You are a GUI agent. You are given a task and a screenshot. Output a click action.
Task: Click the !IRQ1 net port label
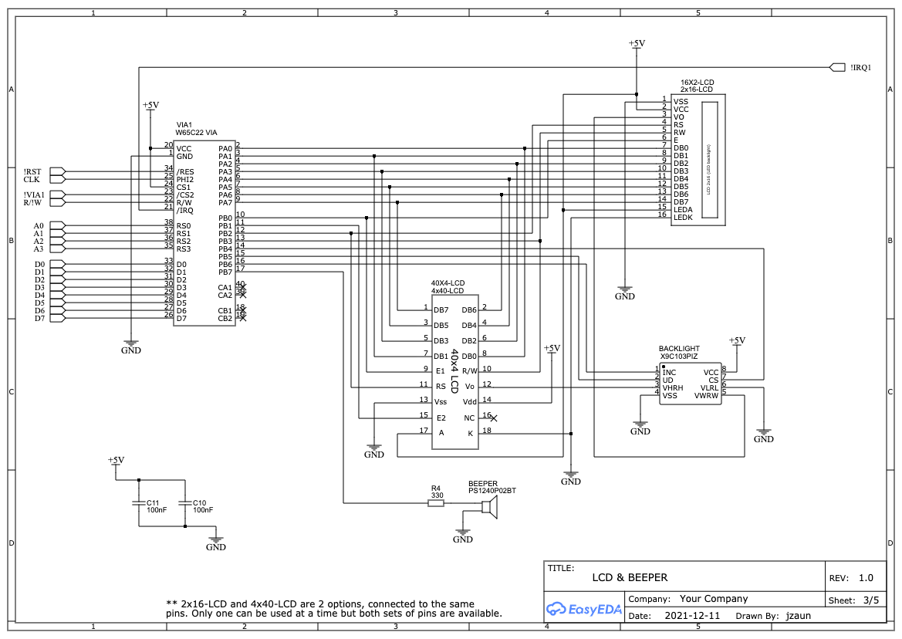click(x=860, y=67)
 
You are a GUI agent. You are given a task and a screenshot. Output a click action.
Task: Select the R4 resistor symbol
click(x=436, y=503)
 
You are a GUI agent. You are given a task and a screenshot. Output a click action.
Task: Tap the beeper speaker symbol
click(x=489, y=506)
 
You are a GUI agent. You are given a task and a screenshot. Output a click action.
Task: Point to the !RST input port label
click(x=32, y=171)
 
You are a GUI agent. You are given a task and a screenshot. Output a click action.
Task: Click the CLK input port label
click(x=32, y=180)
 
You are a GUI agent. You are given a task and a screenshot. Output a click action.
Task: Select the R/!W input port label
click(x=33, y=203)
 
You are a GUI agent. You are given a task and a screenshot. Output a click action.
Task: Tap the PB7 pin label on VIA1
click(x=225, y=272)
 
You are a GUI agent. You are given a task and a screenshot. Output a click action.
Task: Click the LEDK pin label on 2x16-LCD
click(x=682, y=218)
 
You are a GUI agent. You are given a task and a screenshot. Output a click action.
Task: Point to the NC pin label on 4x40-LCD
click(x=469, y=418)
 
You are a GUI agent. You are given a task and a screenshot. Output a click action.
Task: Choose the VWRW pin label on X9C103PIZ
click(x=706, y=396)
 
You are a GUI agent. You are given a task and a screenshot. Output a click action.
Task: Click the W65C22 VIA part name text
click(x=196, y=133)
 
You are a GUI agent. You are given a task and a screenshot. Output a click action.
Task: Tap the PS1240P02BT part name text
click(x=492, y=491)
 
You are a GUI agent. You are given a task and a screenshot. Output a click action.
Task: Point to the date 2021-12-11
click(x=692, y=616)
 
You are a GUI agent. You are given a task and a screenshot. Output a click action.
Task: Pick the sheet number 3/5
click(x=870, y=600)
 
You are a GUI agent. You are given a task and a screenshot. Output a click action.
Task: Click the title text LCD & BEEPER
click(x=630, y=577)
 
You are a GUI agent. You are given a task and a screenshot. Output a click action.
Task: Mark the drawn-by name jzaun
click(x=798, y=616)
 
